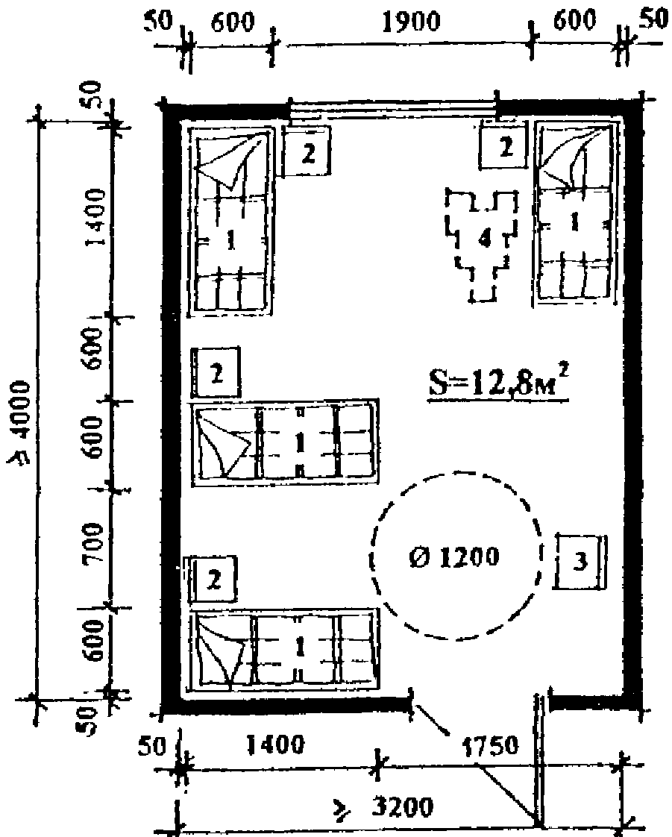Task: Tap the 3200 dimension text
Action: tap(402, 807)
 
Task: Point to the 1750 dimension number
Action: tap(489, 745)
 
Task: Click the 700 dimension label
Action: tap(95, 543)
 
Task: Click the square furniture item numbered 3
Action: tap(580, 561)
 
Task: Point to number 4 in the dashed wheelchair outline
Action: tap(483, 239)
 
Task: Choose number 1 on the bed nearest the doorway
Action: tap(299, 648)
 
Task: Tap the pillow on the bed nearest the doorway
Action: tap(222, 651)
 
